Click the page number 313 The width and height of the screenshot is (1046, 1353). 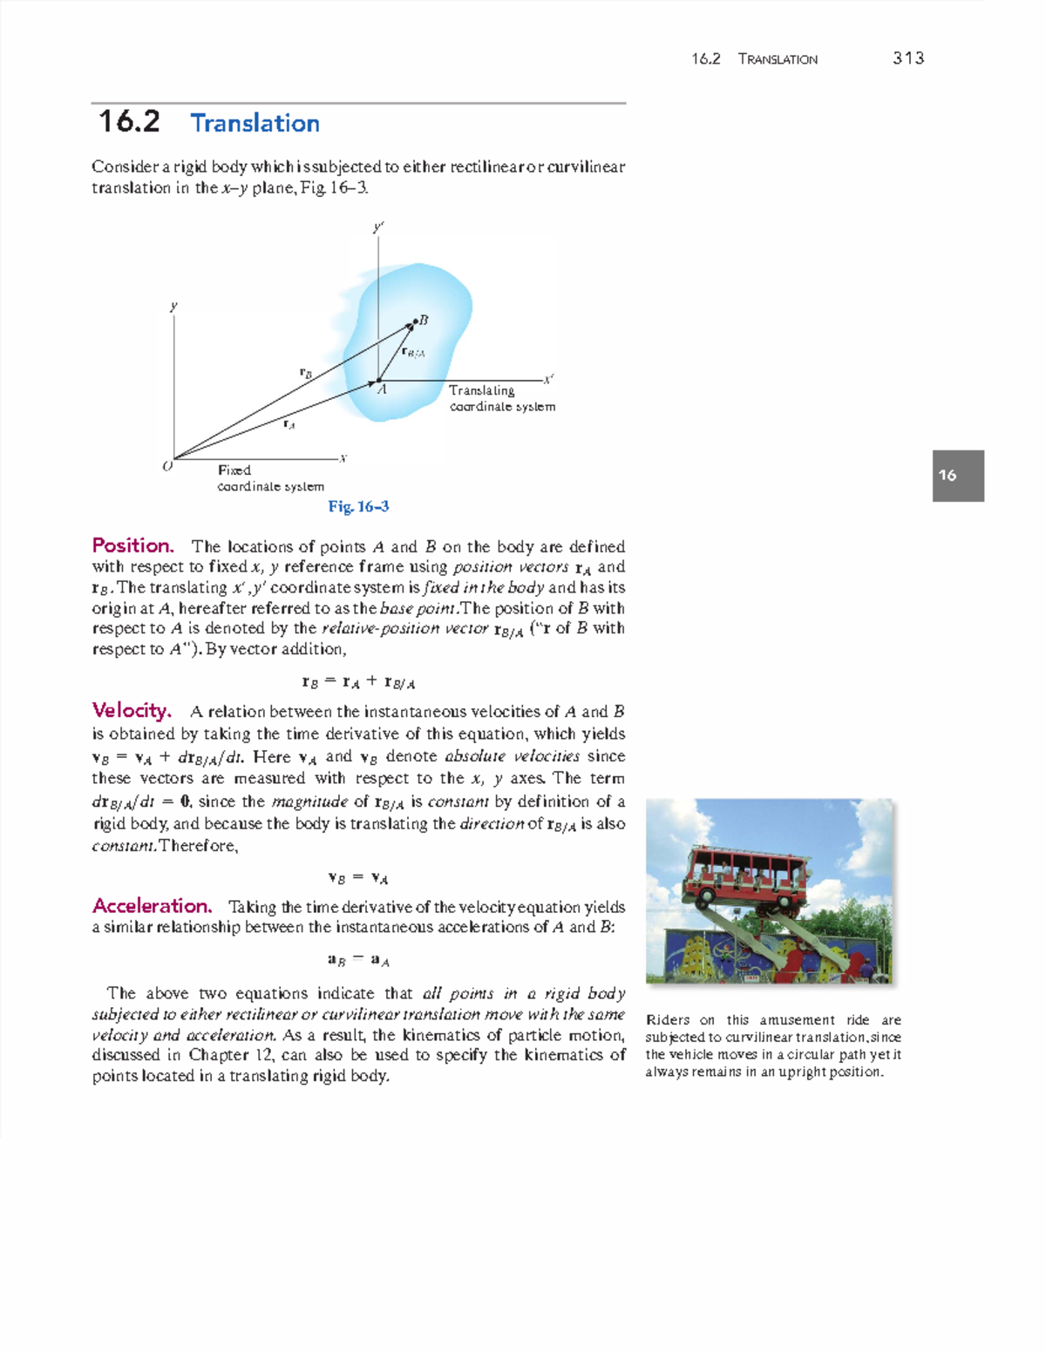pyautogui.click(x=907, y=58)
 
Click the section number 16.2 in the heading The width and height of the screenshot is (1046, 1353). pyautogui.click(x=129, y=122)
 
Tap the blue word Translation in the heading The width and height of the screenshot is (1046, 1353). pyautogui.click(x=255, y=124)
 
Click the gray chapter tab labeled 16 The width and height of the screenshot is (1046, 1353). pyautogui.click(x=957, y=476)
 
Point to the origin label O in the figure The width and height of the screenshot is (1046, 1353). pyautogui.click(x=167, y=467)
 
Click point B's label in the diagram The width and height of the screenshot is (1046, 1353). pyautogui.click(x=424, y=320)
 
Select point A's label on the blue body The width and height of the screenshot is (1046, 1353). pyautogui.click(x=382, y=390)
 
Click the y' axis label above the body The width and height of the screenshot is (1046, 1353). pyautogui.click(x=378, y=227)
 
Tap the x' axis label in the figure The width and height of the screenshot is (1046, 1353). pyautogui.click(x=548, y=379)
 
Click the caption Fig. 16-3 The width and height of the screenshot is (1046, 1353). pyautogui.click(x=358, y=506)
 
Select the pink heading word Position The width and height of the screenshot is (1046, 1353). pyautogui.click(x=132, y=546)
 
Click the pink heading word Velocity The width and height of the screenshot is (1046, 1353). pyautogui.click(x=131, y=711)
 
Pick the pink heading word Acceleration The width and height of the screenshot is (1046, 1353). pyautogui.click(x=152, y=906)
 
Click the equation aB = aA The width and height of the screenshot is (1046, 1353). pyautogui.click(x=358, y=960)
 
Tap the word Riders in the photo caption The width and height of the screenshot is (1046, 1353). pyautogui.click(x=668, y=1020)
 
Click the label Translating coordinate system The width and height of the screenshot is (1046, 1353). pyautogui.click(x=501, y=398)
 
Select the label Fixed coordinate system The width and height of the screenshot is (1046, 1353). pyautogui.click(x=269, y=478)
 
